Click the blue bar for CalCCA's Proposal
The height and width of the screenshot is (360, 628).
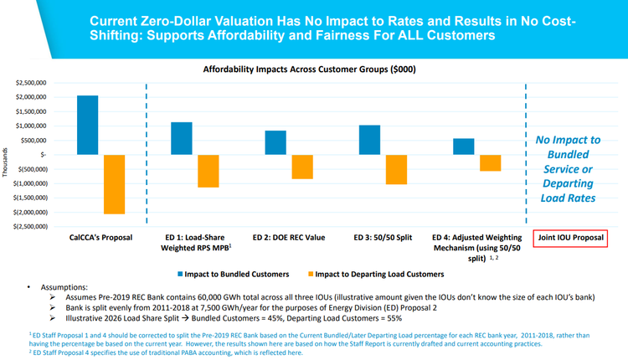[x=86, y=125]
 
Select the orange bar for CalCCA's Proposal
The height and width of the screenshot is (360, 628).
[x=115, y=184]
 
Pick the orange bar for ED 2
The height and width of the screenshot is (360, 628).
[x=301, y=167]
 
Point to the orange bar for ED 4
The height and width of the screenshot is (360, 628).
[x=489, y=162]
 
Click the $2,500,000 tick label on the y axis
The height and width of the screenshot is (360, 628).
[x=27, y=83]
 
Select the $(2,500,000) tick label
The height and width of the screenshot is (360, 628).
[x=25, y=226]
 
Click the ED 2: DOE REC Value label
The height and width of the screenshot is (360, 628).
[x=289, y=238]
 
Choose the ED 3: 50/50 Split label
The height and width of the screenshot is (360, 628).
[x=383, y=238]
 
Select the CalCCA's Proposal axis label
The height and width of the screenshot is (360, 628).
[x=100, y=238]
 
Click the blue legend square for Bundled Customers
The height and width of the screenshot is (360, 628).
[x=181, y=274]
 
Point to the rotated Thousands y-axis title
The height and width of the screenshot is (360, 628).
[x=7, y=155]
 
